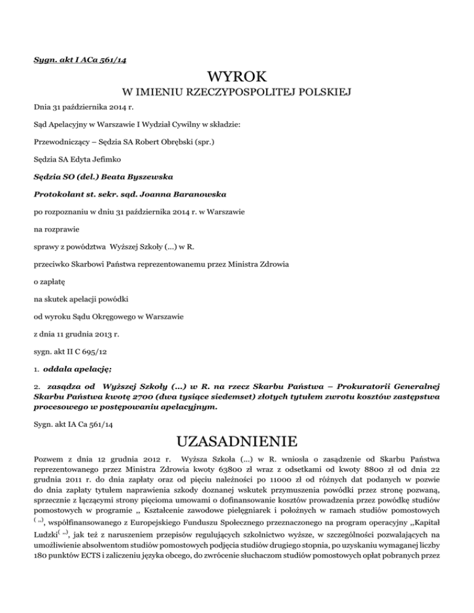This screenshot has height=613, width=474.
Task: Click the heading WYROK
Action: pos(237,77)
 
